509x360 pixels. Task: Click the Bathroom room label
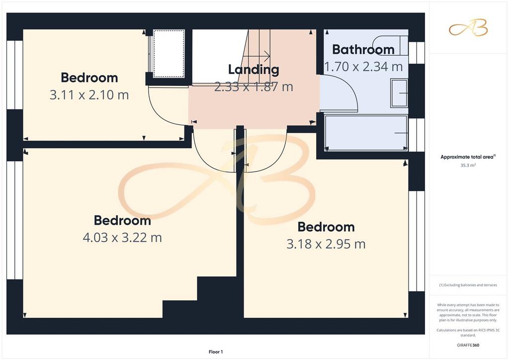coord(363,50)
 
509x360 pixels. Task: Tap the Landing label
coord(254,70)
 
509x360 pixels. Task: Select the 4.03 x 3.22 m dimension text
coord(122,238)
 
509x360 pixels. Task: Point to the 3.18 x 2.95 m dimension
coord(326,244)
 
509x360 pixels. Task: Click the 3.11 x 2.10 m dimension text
coord(89,95)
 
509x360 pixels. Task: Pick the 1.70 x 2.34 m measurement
coord(363,67)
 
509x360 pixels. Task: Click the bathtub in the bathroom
coord(366,133)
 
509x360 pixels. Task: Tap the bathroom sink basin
coord(399,93)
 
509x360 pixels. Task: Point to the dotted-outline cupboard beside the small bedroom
coord(169,54)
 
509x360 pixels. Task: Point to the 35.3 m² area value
coord(468,165)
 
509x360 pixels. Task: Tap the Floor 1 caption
coord(216,352)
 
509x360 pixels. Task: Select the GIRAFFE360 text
coord(468,345)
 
